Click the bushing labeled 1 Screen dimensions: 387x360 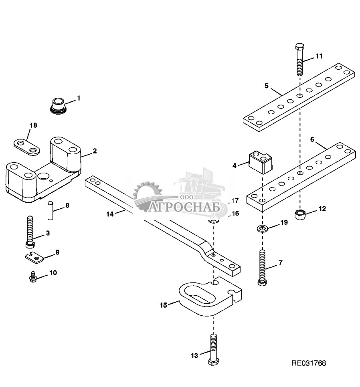pos(59,104)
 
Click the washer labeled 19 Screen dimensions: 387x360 pos(263,229)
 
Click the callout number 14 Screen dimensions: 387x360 pos(109,214)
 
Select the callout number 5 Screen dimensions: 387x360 pos(266,86)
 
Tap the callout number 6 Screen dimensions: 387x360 pos(312,140)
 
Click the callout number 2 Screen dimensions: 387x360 pos(95,151)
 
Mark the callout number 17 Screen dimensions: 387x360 pos(235,200)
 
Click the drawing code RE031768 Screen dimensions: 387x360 pos(308,364)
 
